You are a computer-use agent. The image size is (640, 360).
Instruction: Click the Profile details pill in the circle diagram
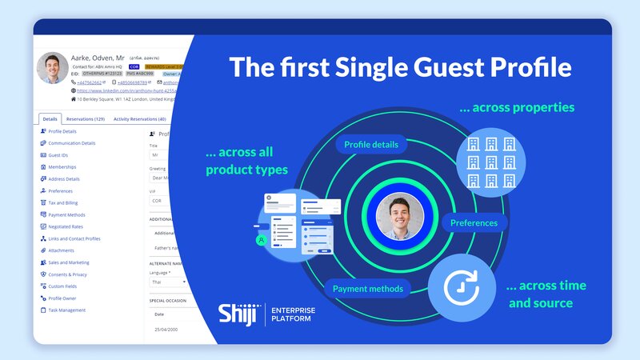pos(371,146)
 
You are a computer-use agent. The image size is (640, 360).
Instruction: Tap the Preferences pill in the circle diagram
pos(474,223)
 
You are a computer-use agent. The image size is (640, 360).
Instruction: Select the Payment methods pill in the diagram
pos(368,288)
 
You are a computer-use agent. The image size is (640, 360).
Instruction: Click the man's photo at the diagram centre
pos(400,216)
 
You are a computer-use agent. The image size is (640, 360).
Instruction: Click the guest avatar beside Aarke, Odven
pos(53,69)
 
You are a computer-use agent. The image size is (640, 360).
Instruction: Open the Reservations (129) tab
pos(85,119)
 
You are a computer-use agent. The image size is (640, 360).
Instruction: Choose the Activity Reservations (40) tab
pos(139,119)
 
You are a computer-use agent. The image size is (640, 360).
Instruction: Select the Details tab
pos(50,119)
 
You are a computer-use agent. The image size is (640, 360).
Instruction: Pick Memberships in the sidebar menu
pos(62,167)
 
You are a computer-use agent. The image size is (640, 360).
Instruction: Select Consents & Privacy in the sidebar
pos(70,274)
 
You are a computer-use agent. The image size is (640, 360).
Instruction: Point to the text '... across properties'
pos(517,107)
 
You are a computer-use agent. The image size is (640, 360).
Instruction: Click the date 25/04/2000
pos(165,330)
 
